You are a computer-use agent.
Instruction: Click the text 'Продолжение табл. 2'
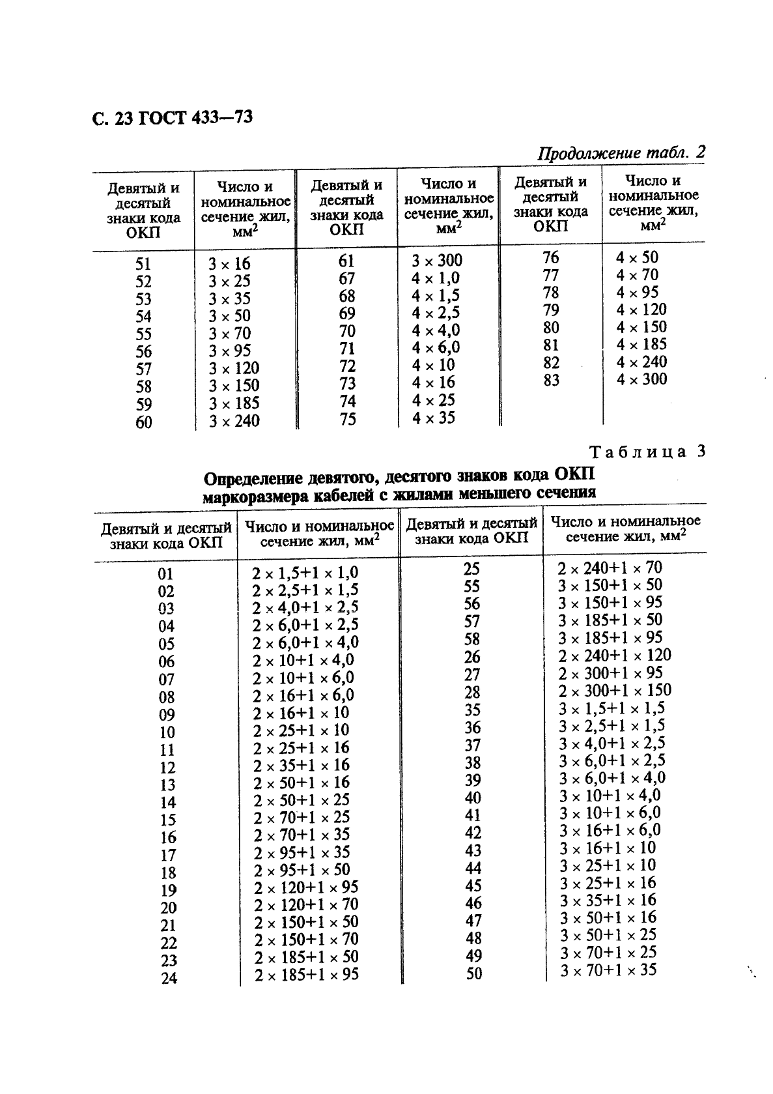pyautogui.click(x=621, y=153)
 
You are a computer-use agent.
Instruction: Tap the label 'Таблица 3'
pyautogui.click(x=647, y=452)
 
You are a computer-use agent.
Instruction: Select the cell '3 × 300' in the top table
pyautogui.click(x=436, y=261)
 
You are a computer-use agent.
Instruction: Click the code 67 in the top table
pyautogui.click(x=347, y=278)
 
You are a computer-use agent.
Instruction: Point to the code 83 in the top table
pyautogui.click(x=551, y=380)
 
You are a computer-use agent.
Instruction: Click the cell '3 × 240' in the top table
pyautogui.click(x=234, y=421)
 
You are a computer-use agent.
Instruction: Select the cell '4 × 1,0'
pyautogui.click(x=435, y=278)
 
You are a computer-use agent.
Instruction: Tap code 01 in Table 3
pyautogui.click(x=166, y=574)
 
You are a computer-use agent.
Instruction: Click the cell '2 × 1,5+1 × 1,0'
pyautogui.click(x=305, y=573)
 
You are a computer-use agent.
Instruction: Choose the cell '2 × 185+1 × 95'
pyautogui.click(x=306, y=975)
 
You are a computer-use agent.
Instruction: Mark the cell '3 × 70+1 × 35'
pyautogui.click(x=608, y=971)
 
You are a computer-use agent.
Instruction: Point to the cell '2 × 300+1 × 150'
pyautogui.click(x=614, y=690)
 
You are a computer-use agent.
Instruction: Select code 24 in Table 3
pyautogui.click(x=169, y=978)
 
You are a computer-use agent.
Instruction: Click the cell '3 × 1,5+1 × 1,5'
pyautogui.click(x=611, y=708)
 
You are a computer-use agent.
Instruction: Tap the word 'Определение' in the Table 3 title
pyautogui.click(x=251, y=480)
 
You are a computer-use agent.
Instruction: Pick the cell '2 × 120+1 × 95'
pyautogui.click(x=306, y=887)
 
